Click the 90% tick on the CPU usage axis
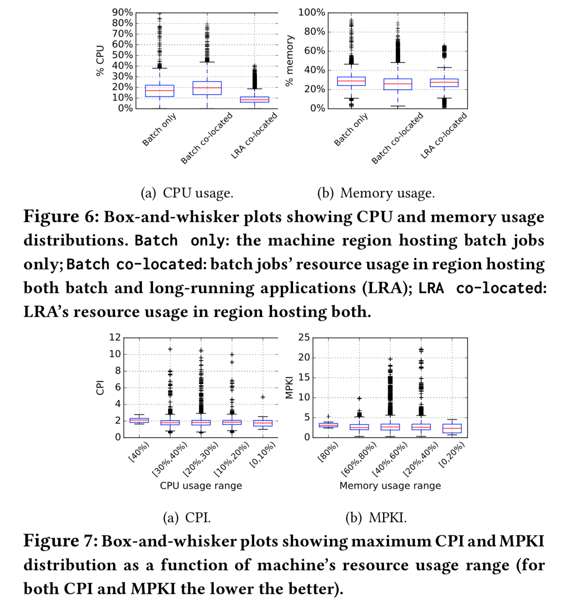(122, 13)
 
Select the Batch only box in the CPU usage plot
(159, 91)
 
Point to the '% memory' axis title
(290, 60)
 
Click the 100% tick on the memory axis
(312, 13)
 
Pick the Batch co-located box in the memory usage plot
(398, 84)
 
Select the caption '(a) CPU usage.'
(187, 193)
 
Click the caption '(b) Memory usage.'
(376, 193)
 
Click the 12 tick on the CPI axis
(115, 337)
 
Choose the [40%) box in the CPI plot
(139, 420)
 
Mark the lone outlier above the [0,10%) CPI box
(263, 397)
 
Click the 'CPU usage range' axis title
(201, 486)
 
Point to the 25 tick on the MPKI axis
(304, 337)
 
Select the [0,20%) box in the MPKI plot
(452, 428)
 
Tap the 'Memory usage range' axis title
(390, 486)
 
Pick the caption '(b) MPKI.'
(376, 518)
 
